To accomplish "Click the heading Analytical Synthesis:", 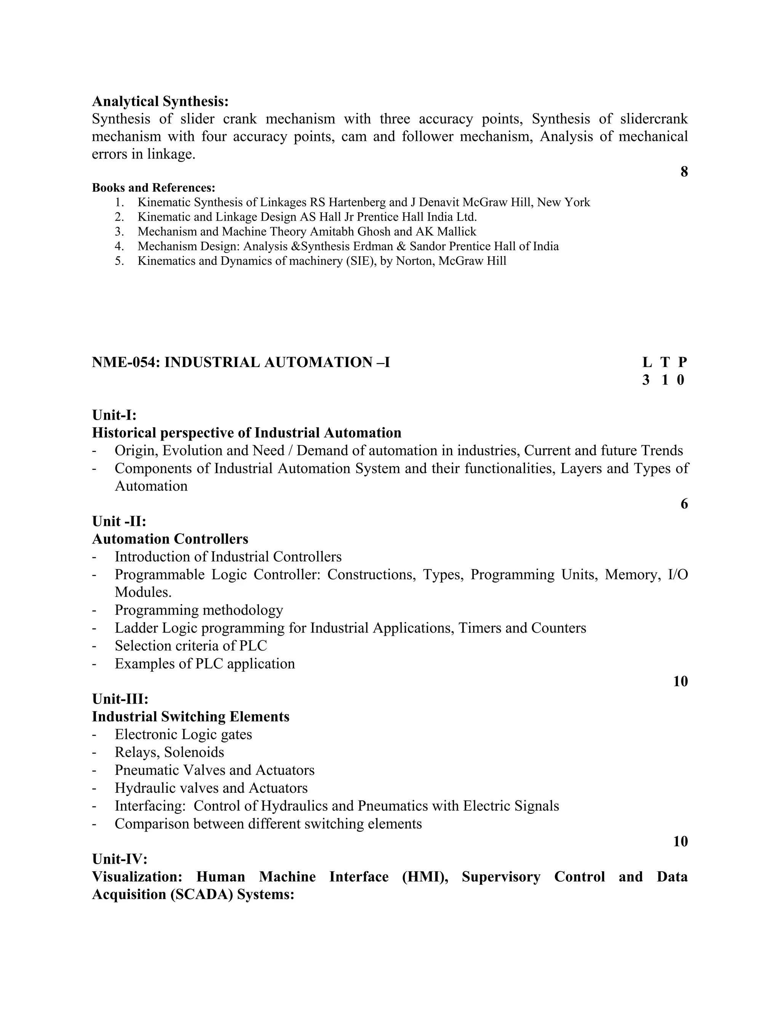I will click(x=160, y=101).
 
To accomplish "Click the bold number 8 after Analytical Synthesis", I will click(x=684, y=172).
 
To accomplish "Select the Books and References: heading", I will click(x=153, y=188).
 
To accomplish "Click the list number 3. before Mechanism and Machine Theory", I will click(x=119, y=232).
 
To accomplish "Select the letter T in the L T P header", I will click(x=665, y=362).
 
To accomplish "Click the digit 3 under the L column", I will click(x=646, y=380).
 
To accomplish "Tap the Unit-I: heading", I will click(x=114, y=414).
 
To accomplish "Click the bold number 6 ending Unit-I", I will click(x=684, y=504).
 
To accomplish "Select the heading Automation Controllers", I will click(x=170, y=539).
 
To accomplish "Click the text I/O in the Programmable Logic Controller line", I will click(x=678, y=575).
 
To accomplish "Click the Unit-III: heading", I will click(x=120, y=699).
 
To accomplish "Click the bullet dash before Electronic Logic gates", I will click(x=94, y=735).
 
